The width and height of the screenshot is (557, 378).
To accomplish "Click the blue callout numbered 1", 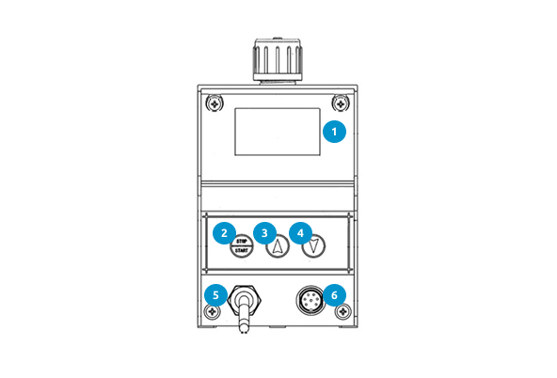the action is pyautogui.click(x=334, y=132).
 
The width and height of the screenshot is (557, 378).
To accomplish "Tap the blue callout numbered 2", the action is pyautogui.click(x=224, y=233).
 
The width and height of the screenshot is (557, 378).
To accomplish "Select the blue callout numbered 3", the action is pyautogui.click(x=264, y=233).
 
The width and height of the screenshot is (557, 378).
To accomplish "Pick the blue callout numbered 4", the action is pyautogui.click(x=300, y=233).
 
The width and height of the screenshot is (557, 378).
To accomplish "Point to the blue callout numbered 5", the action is pyautogui.click(x=215, y=295).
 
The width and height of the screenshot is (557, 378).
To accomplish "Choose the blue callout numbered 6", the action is pyautogui.click(x=334, y=295).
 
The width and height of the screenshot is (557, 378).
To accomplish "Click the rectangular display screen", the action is pyautogui.click(x=278, y=132).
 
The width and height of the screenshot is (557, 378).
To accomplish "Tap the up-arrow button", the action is pyautogui.click(x=278, y=245).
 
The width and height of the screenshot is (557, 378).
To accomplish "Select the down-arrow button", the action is pyautogui.click(x=313, y=245).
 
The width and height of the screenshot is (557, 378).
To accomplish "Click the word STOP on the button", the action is pyautogui.click(x=242, y=242).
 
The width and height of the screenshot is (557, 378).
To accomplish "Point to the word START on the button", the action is pyautogui.click(x=242, y=250).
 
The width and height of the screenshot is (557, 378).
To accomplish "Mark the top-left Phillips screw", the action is pyautogui.click(x=215, y=104).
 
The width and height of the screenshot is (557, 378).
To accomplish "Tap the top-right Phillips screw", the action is pyautogui.click(x=341, y=104).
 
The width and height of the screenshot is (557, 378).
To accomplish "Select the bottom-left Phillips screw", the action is pyautogui.click(x=213, y=312).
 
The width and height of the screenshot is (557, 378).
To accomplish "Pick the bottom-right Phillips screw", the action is pyautogui.click(x=343, y=312).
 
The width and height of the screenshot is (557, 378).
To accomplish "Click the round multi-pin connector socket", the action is pyautogui.click(x=310, y=300).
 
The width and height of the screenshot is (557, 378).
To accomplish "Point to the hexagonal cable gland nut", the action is pyautogui.click(x=245, y=300).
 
